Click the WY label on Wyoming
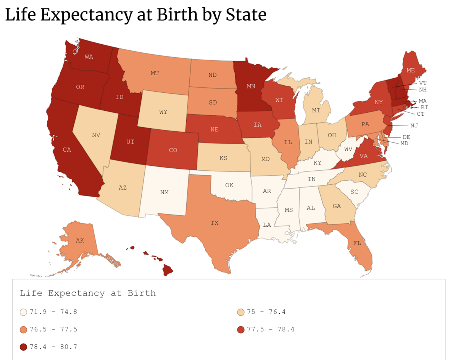click(x=163, y=112)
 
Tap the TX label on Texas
click(x=214, y=223)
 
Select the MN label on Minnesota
click(x=251, y=86)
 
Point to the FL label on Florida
click(x=357, y=243)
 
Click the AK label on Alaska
click(x=80, y=241)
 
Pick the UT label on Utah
click(x=130, y=142)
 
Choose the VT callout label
click(x=423, y=83)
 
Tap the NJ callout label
click(x=414, y=126)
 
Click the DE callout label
click(x=406, y=137)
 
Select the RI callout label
click(x=424, y=107)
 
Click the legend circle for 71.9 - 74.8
click(x=24, y=312)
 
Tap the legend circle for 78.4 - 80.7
click(x=24, y=347)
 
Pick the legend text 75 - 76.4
click(x=266, y=312)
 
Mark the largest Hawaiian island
click(x=167, y=270)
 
